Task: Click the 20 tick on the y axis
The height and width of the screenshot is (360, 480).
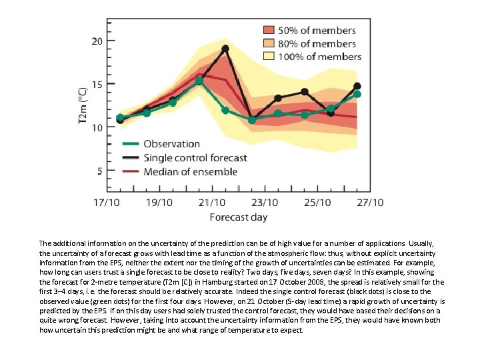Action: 97,41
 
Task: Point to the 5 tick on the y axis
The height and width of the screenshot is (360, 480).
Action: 100,171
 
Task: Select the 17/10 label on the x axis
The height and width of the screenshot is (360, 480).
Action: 106,203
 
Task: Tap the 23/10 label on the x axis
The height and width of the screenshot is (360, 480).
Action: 264,203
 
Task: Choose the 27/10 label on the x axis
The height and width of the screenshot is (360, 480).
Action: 369,203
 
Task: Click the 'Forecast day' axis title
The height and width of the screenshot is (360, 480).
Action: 238,217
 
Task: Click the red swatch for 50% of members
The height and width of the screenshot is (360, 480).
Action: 268,31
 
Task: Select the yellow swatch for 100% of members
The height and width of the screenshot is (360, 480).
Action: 268,57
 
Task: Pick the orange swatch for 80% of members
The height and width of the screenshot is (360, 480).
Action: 268,44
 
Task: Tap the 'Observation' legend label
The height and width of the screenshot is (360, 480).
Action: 171,144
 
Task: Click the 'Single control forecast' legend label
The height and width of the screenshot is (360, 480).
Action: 195,158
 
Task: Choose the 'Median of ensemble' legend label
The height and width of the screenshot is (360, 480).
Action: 190,172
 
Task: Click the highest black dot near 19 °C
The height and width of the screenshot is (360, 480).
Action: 225,49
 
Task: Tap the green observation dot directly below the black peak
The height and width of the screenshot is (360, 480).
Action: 225,110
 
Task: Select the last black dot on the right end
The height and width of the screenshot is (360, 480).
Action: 357,86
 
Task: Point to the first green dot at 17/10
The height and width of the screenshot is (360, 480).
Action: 120,118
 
